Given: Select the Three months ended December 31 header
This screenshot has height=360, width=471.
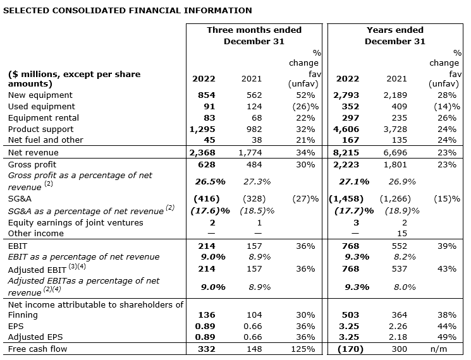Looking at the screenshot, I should pos(254,35).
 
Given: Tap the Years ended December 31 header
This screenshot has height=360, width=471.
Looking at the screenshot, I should pos(396,35).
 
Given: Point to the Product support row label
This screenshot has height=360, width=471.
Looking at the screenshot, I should pos(39,129).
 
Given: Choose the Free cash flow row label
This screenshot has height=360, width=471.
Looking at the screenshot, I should pos(37,349).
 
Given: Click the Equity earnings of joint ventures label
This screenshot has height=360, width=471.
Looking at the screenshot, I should pos(76,222).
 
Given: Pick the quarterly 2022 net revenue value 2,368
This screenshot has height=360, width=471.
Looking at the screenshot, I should pos(203,152).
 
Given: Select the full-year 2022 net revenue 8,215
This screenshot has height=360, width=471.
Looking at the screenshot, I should pos(347,152).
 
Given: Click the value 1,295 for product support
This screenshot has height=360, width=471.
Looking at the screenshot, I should pos(203,129).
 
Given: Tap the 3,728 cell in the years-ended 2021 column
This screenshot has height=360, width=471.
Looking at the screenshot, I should pos(396,129).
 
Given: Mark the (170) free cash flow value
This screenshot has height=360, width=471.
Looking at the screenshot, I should pos(347,349).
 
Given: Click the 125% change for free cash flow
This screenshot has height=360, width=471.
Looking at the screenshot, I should pos(304,349).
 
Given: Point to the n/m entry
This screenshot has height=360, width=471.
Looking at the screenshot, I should pos(446,349).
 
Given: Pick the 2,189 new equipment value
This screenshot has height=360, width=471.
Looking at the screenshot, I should pos(396,95).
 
